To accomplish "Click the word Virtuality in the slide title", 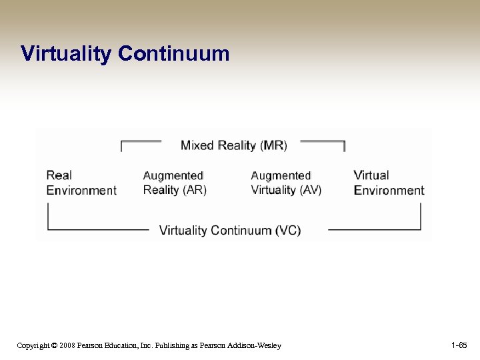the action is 66,53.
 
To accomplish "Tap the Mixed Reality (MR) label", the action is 233,145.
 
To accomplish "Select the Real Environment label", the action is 81,183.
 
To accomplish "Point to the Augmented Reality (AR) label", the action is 175,183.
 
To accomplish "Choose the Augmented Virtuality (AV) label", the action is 286,183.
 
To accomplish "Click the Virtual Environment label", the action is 389,183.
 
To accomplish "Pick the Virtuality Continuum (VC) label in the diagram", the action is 230,231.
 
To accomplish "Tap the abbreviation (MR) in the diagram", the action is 273,145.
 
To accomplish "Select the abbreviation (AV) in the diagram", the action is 310,190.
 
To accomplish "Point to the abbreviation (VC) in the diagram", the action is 288,231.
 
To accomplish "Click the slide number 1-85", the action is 459,345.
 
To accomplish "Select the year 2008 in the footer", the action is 66,345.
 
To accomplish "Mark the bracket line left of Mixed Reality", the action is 140,141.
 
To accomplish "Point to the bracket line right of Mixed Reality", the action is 323,141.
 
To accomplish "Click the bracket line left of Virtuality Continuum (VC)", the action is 97,229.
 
